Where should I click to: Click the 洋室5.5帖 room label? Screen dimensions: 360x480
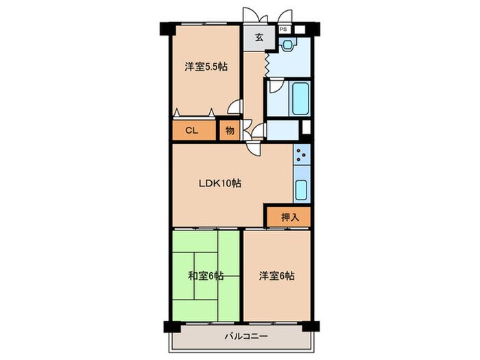pyautogui.click(x=205, y=67)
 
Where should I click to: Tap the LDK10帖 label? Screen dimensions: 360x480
pyautogui.click(x=219, y=183)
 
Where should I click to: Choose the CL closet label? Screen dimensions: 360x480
pyautogui.click(x=192, y=131)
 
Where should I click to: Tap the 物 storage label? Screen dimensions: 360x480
pyautogui.click(x=229, y=131)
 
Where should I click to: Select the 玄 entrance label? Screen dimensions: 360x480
pyautogui.click(x=260, y=38)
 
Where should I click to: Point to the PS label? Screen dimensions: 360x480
pyautogui.click(x=283, y=29)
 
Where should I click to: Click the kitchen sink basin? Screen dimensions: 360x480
pyautogui.click(x=301, y=189)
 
